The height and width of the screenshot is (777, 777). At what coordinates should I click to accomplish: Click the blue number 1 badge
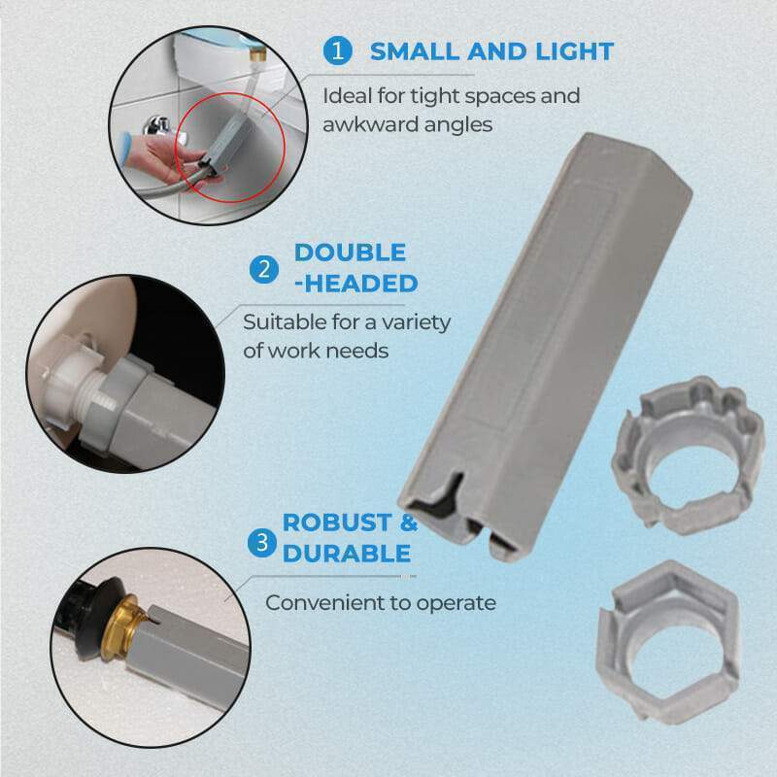337,51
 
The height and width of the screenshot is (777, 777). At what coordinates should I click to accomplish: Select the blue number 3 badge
261,542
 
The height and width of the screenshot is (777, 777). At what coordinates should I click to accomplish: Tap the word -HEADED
355,284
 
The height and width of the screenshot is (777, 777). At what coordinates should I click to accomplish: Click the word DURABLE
346,554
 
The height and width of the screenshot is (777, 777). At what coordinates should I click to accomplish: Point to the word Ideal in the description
348,96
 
